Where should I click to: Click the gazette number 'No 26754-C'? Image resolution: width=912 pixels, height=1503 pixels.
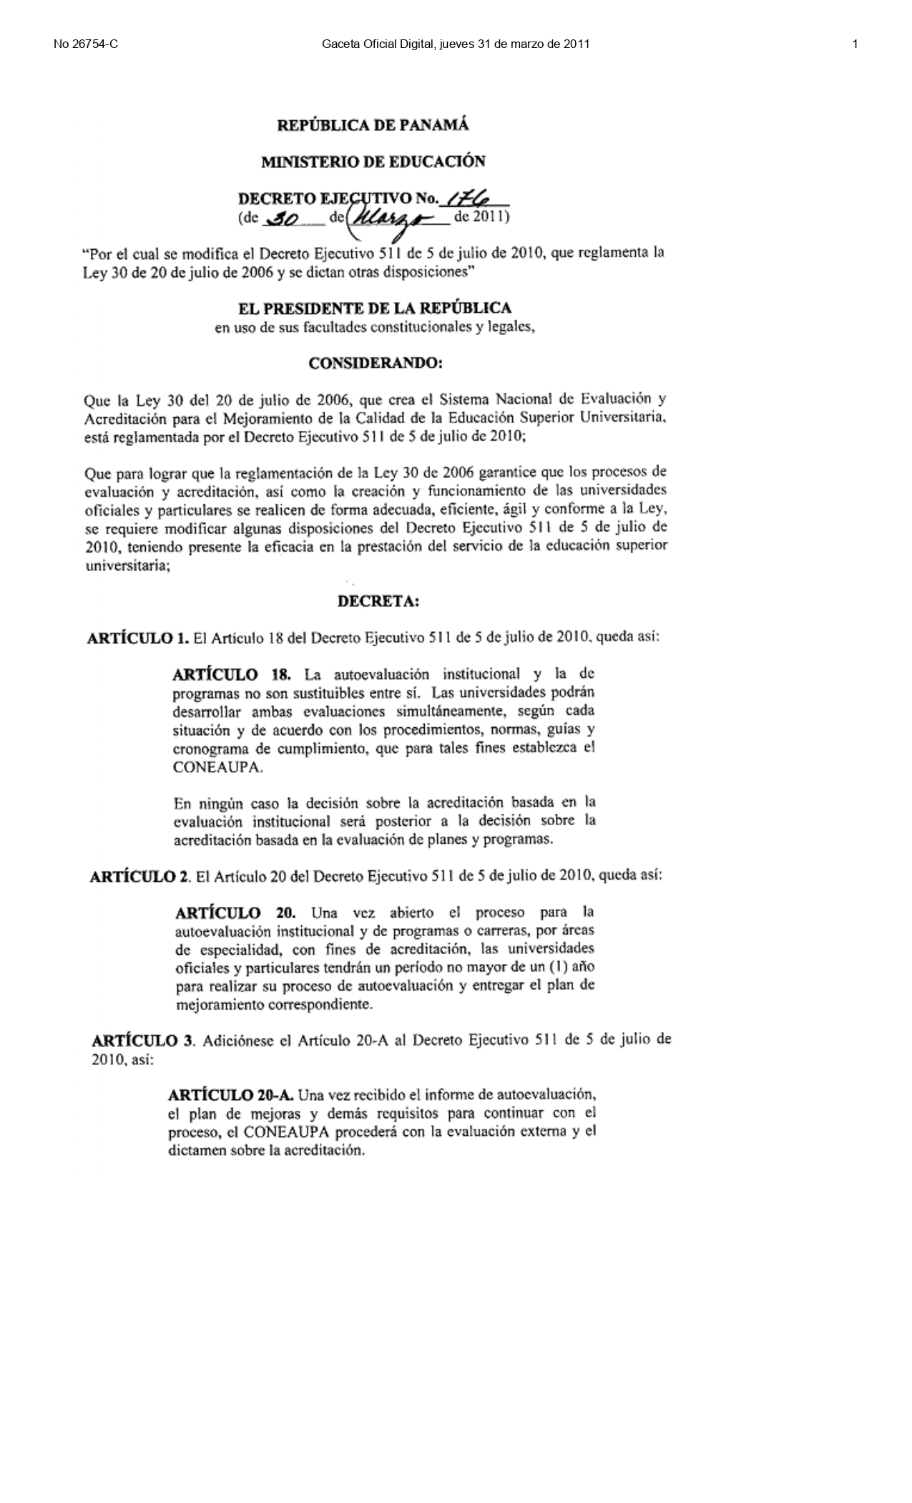coord(86,44)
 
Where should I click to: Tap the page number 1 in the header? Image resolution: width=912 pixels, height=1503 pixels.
coord(855,44)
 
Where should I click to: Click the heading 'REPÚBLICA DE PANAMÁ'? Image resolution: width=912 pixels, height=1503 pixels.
coord(373,125)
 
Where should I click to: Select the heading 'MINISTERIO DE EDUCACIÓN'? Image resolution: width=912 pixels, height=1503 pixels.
coord(373,162)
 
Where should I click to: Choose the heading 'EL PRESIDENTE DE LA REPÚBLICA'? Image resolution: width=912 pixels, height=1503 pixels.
coord(374,308)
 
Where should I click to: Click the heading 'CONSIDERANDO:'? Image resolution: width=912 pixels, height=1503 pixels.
coord(376,364)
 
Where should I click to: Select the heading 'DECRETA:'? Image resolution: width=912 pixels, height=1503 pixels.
coord(378,601)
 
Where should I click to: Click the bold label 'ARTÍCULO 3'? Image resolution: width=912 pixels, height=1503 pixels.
coord(142,1041)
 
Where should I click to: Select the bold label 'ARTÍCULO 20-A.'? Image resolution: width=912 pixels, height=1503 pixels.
coord(231,1095)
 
